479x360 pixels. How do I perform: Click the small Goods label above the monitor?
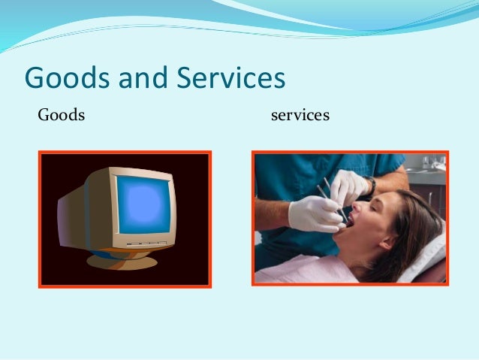click(62, 116)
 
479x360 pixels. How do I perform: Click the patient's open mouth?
click(351, 225)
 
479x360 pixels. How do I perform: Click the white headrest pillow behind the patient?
click(428, 263)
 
